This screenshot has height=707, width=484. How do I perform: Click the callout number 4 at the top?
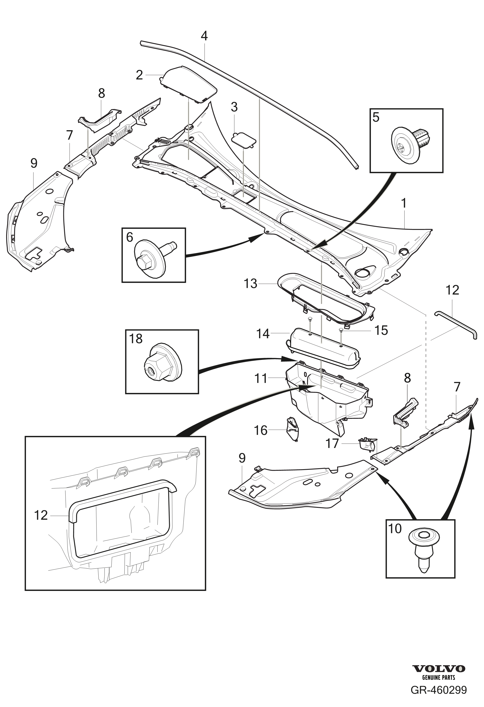tap(204, 36)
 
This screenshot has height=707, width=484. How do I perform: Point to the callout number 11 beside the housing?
tap(261, 379)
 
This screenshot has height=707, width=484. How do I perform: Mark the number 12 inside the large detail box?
tap(41, 515)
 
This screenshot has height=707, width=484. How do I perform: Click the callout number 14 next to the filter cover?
tap(263, 334)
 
